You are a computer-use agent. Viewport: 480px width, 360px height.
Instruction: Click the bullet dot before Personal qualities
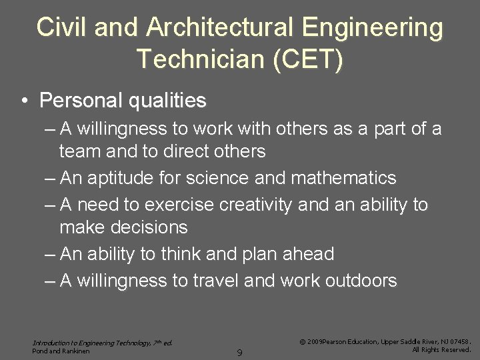pos(24,101)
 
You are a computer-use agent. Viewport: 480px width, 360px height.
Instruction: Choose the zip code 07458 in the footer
pos(458,341)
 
